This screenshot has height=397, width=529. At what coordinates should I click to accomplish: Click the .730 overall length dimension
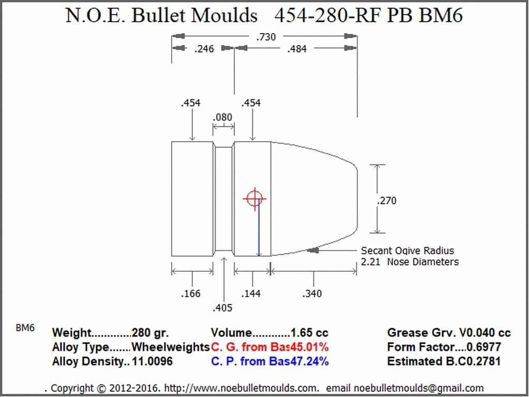(266, 37)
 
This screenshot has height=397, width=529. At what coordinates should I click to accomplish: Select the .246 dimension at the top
(204, 49)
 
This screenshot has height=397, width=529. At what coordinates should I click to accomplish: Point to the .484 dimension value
(297, 49)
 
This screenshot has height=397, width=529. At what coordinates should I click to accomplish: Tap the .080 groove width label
(223, 117)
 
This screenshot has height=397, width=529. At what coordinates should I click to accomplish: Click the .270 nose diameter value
(387, 200)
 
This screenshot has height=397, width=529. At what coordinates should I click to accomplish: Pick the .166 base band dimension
(191, 293)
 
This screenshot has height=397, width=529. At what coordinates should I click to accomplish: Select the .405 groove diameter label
(223, 307)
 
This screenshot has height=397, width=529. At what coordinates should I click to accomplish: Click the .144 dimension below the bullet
(251, 293)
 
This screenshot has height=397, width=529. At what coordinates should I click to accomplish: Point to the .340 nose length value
(312, 293)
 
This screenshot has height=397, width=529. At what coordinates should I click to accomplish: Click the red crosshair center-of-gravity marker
(255, 199)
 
